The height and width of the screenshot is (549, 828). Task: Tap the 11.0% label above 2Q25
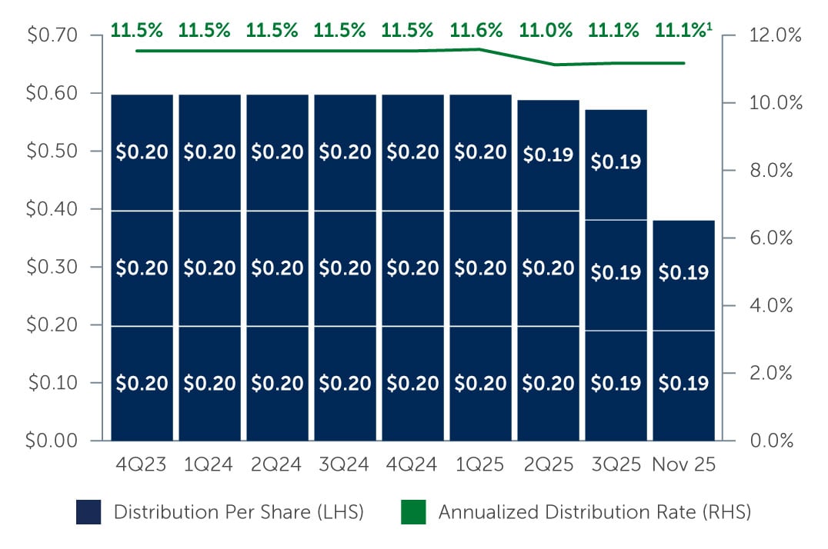coord(546,31)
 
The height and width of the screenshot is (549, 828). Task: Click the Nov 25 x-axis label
coord(683,465)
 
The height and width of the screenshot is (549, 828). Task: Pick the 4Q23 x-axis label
coord(142,465)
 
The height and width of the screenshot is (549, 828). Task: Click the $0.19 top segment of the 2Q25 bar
coord(547,154)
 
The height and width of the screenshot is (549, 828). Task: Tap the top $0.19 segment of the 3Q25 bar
coord(616,162)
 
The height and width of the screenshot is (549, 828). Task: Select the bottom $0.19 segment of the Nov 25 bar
coord(683,383)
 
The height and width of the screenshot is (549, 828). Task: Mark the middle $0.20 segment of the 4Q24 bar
coord(412,268)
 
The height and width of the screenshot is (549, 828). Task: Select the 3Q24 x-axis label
coord(344,465)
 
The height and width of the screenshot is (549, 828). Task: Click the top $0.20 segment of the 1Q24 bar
coord(209,152)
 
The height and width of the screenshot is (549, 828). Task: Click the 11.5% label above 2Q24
coord(272,31)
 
